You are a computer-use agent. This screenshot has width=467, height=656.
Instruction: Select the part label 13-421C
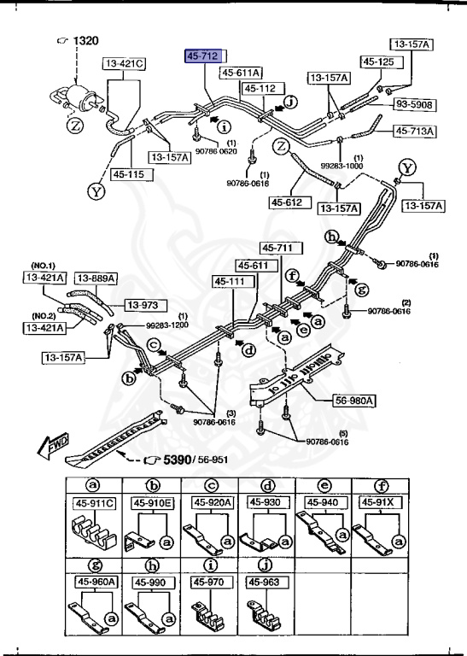[x=125, y=63]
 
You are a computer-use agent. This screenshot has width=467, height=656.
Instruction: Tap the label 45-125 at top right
[x=378, y=61]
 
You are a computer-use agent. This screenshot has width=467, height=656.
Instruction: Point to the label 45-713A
[x=415, y=131]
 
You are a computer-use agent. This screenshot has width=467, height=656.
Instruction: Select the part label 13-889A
[x=94, y=277]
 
